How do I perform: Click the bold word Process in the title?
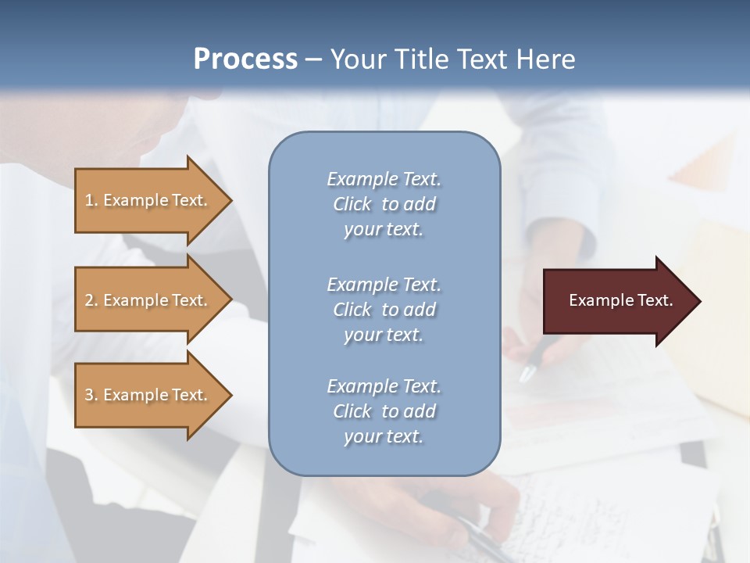click(x=245, y=59)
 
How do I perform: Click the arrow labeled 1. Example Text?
click(x=148, y=201)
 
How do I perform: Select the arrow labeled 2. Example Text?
click(x=148, y=300)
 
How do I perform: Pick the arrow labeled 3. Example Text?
click(x=148, y=395)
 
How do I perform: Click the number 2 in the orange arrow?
click(x=90, y=300)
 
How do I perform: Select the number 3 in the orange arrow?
click(x=90, y=395)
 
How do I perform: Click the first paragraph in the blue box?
click(x=384, y=204)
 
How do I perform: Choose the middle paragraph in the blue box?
click(x=384, y=310)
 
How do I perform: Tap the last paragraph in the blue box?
click(x=384, y=411)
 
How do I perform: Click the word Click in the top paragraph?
click(x=352, y=204)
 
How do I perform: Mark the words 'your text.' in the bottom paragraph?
click(x=384, y=436)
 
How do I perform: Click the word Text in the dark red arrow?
click(x=655, y=300)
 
